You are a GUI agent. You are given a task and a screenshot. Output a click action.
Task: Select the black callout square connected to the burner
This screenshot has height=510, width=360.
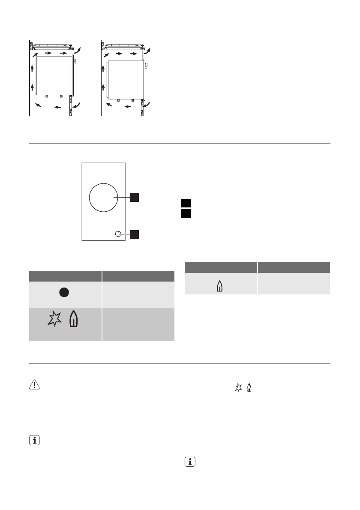(x=135, y=197)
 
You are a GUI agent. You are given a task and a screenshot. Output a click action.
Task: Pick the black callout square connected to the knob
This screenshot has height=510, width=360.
(x=135, y=234)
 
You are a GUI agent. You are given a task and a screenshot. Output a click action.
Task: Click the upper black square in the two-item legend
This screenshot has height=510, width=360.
(x=185, y=204)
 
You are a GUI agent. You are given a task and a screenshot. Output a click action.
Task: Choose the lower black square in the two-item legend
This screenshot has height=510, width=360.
(x=185, y=213)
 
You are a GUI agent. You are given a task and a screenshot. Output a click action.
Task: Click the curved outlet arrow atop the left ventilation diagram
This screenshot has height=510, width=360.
(x=77, y=52)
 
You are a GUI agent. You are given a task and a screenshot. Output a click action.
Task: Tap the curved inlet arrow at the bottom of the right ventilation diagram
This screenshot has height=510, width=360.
(x=147, y=105)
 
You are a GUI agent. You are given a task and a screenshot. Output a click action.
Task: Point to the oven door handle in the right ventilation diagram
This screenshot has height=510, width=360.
(x=147, y=66)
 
